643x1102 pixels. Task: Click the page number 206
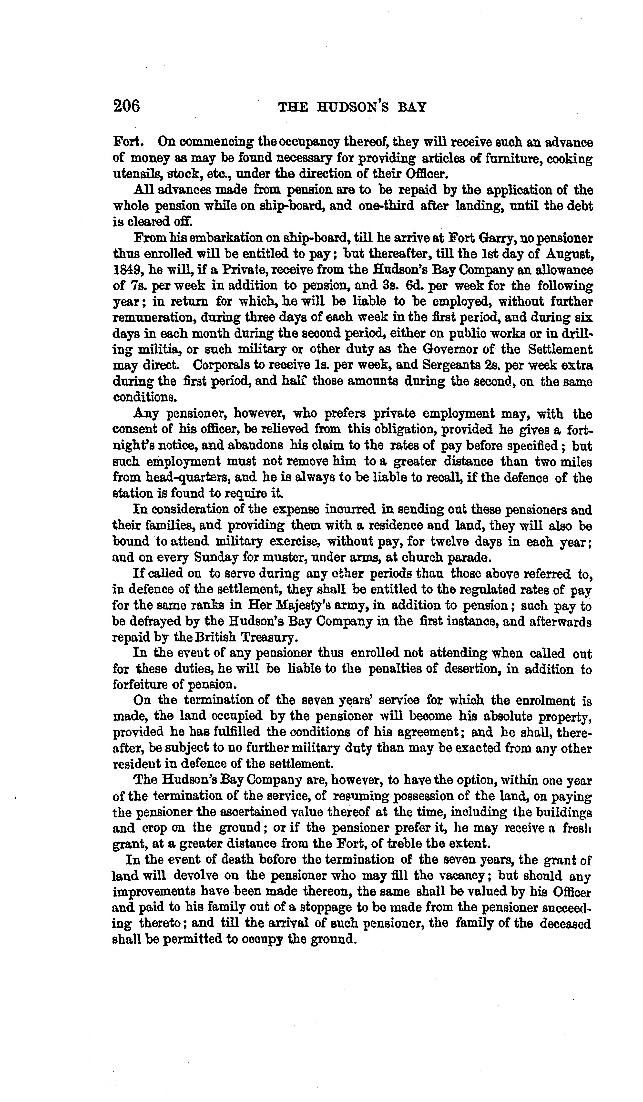pyautogui.click(x=126, y=106)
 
